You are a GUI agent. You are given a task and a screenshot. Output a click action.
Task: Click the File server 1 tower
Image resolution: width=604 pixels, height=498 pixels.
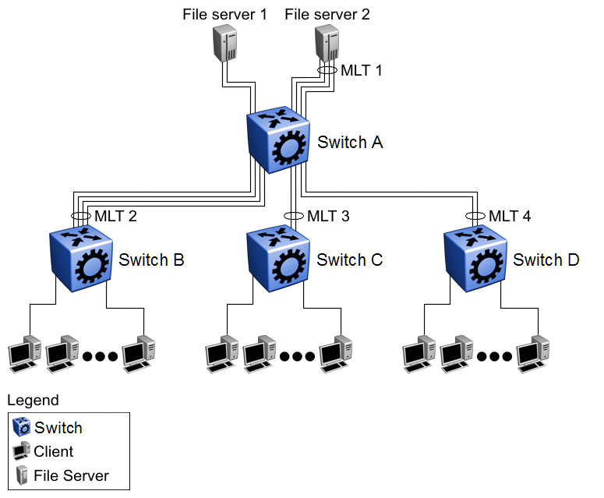[x=226, y=43]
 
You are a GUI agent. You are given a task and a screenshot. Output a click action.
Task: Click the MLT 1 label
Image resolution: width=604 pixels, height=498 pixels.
[x=362, y=70]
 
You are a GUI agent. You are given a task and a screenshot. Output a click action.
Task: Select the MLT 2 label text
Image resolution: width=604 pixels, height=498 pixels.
[x=115, y=216]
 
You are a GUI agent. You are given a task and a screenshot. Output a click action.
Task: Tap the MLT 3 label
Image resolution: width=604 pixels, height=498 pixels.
[x=328, y=216]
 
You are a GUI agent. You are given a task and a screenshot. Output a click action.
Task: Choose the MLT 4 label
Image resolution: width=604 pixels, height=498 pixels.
[x=510, y=216]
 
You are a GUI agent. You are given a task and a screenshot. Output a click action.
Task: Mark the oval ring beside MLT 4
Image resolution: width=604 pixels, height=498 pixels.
[x=474, y=215]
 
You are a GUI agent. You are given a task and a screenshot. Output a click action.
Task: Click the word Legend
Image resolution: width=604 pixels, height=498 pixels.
[x=33, y=401]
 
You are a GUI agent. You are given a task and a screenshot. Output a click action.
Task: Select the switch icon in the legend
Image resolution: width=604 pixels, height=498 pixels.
[x=23, y=427]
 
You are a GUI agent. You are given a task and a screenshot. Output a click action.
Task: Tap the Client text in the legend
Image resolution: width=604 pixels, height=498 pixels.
[x=54, y=451]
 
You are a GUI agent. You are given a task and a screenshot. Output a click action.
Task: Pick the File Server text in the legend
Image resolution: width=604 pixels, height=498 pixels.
[x=71, y=475]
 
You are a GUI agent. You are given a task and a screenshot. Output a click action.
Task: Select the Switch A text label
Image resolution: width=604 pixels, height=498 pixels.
[x=350, y=143]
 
